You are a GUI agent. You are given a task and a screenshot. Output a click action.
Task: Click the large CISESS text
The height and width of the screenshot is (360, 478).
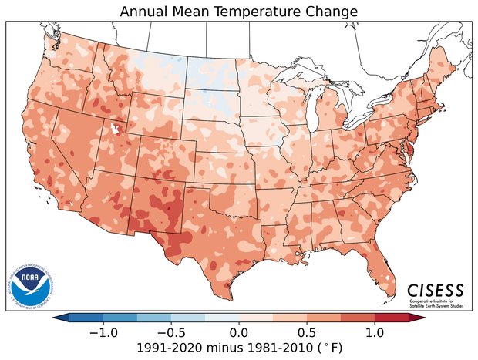click(x=436, y=290)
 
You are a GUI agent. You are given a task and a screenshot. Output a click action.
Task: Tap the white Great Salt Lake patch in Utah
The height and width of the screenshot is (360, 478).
click(x=117, y=129)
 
